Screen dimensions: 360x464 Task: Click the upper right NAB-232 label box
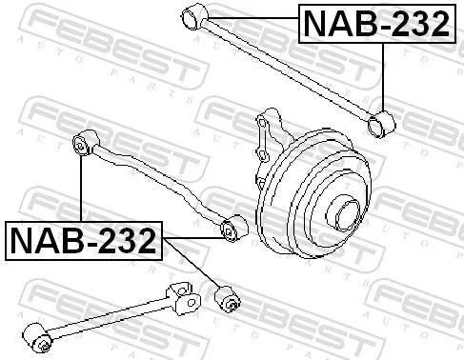pyautogui.click(x=375, y=24)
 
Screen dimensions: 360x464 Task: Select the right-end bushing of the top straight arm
pyautogui.click(x=383, y=122)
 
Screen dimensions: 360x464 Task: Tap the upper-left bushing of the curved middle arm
pyautogui.click(x=82, y=144)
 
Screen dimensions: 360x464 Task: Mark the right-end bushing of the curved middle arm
pyautogui.click(x=230, y=230)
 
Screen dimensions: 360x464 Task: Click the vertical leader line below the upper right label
pyautogui.click(x=383, y=76)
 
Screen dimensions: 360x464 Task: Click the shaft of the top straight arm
pyautogui.click(x=286, y=67)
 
